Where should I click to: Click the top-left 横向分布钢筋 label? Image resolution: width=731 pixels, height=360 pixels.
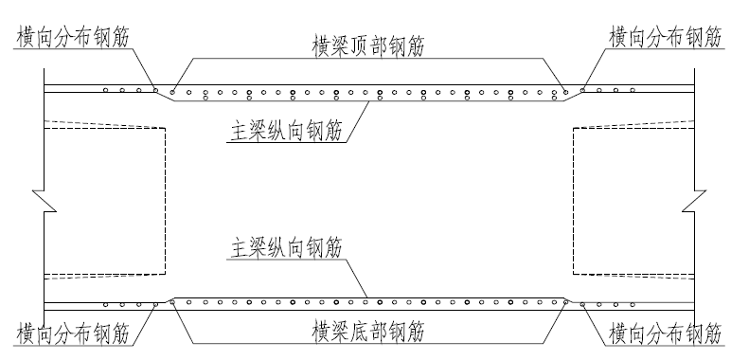72,37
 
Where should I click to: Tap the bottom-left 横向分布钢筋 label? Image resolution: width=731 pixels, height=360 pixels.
72,333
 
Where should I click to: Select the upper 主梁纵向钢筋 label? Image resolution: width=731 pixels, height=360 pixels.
288,130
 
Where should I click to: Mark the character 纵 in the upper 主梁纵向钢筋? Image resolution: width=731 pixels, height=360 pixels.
288,130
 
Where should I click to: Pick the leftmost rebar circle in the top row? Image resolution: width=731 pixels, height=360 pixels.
106,90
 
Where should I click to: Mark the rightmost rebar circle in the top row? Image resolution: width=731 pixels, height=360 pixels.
633,90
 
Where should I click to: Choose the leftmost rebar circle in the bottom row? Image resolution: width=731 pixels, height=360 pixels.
106,304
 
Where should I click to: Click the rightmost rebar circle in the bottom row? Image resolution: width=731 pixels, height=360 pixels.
633,304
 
